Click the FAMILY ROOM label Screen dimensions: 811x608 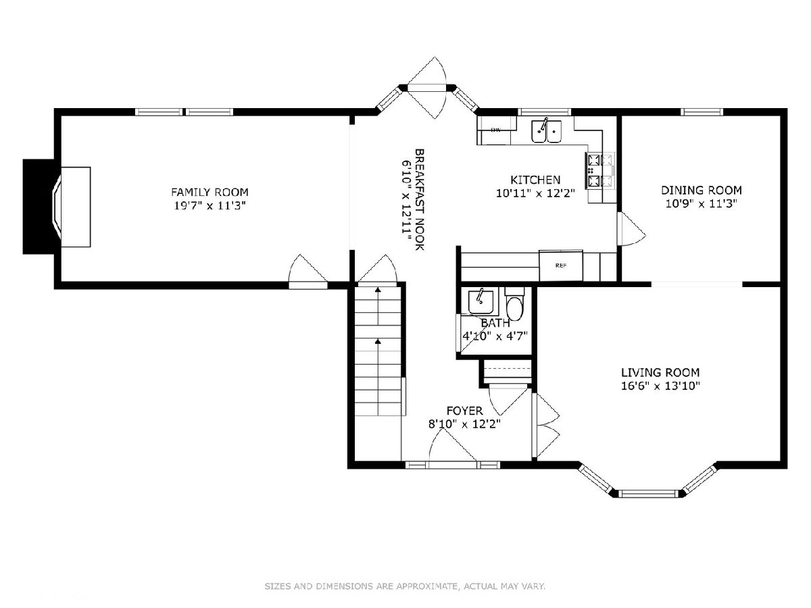[210, 192]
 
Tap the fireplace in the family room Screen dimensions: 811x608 [57, 207]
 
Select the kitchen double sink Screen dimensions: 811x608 [546, 131]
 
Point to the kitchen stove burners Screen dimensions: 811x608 [599, 170]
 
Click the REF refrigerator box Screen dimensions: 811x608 [560, 265]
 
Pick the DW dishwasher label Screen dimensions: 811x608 [496, 130]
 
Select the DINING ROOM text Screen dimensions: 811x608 [702, 190]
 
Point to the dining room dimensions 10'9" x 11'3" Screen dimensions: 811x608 [702, 203]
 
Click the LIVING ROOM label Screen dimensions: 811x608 [660, 372]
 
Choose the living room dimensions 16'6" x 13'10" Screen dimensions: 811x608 [660, 386]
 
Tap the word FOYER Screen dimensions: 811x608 [464, 411]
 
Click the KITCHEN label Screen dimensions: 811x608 [535, 180]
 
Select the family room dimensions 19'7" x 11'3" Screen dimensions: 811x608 [210, 205]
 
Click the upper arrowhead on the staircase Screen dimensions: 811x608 [378, 290]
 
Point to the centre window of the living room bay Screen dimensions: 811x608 [648, 493]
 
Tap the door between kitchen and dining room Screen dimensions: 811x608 [631, 229]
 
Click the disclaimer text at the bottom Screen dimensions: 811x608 [405, 586]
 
